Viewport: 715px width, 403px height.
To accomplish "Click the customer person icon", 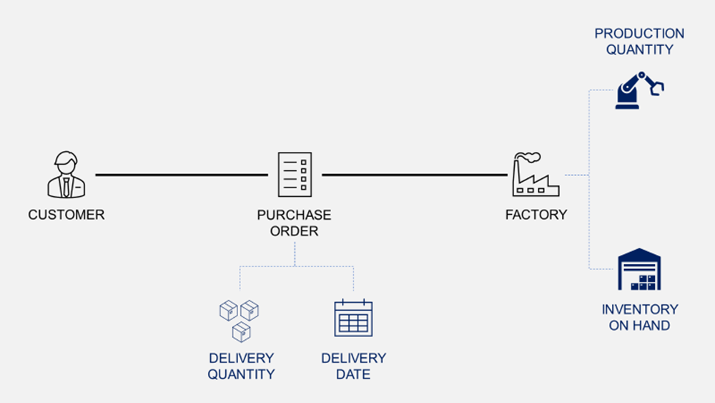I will [x=66, y=175].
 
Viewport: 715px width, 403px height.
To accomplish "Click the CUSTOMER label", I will [x=66, y=215].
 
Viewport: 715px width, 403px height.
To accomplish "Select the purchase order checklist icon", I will [x=295, y=175].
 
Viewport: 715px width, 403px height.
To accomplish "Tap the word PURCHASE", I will [x=295, y=215].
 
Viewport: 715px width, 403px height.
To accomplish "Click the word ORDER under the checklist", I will [x=295, y=231].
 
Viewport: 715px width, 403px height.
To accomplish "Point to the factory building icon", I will [x=536, y=177].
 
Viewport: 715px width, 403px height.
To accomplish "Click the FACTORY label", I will [x=536, y=215].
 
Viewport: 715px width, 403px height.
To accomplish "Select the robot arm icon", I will [x=638, y=90].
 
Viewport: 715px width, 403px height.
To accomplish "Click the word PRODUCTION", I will [x=639, y=34].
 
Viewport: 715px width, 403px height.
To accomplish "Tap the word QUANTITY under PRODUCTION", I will [x=639, y=49].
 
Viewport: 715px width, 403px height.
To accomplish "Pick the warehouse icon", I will [x=639, y=270].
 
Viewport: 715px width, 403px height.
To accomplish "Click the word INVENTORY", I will [x=639, y=309].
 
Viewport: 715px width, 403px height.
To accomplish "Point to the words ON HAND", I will [x=639, y=326].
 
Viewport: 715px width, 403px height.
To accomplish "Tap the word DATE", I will [x=353, y=374].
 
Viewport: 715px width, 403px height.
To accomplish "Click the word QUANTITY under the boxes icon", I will [x=241, y=374].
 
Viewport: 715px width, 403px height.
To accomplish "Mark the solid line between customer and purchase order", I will [x=182, y=175].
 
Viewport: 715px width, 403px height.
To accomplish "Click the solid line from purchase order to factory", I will [x=414, y=175].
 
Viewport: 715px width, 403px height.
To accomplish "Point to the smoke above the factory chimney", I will [x=530, y=156].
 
